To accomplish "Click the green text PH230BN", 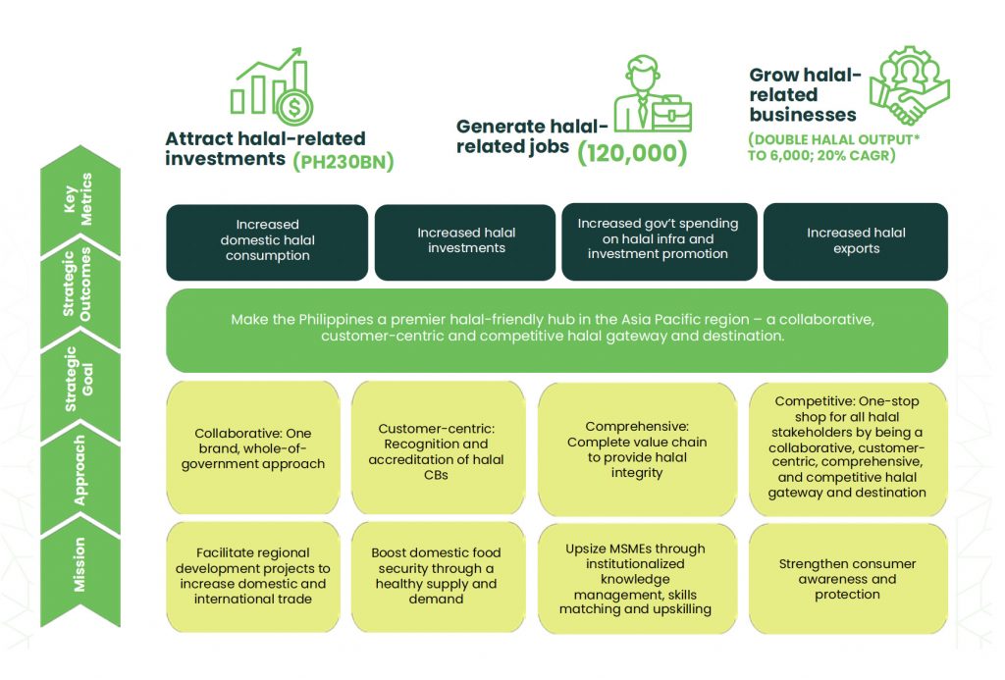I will coord(344,162).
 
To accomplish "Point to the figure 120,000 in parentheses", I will coord(631,153).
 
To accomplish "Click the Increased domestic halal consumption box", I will coord(267,241).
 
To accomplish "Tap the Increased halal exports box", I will coord(856,241).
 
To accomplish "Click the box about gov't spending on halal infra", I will coord(658,239).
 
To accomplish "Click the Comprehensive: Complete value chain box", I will coord(638,449).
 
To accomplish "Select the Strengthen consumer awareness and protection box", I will coord(847,579).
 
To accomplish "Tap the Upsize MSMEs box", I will coord(638,579).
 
